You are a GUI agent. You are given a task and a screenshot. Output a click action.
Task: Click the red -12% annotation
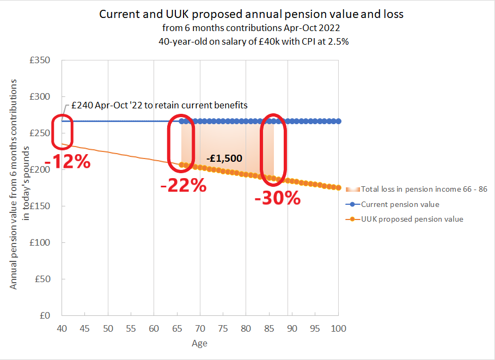[x=68, y=162]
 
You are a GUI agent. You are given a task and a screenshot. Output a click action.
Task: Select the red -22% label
[x=184, y=186]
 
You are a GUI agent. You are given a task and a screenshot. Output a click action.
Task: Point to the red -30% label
[x=278, y=198]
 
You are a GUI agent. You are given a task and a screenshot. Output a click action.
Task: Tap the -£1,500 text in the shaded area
[x=224, y=158]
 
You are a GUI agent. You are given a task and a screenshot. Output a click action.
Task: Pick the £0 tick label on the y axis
[x=45, y=315]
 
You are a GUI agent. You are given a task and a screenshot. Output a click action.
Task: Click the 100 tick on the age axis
[x=339, y=328]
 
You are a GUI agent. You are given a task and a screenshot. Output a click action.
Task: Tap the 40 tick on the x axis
[x=62, y=328]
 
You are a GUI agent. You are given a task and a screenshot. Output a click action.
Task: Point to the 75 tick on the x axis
[x=223, y=328]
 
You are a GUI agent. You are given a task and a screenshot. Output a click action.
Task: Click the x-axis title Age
[x=199, y=344]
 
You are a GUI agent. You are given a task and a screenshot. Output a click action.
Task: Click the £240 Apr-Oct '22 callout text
[x=159, y=106]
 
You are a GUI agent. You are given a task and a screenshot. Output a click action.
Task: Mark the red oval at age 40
[x=62, y=131]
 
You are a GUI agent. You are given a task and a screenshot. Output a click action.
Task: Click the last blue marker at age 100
[x=339, y=121]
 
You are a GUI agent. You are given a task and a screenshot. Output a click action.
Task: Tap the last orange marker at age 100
[x=339, y=188]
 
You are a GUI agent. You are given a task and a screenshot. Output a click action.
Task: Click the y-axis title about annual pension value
[x=20, y=184]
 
